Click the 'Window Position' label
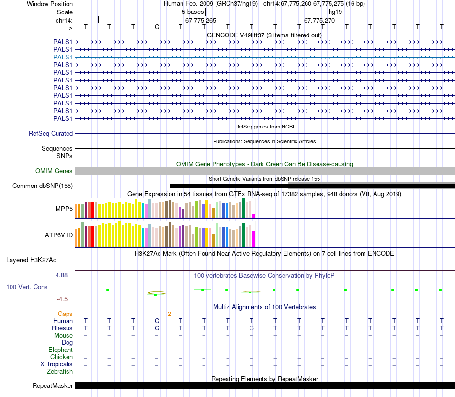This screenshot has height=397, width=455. click(x=50, y=4)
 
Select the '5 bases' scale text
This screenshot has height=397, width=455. click(x=193, y=12)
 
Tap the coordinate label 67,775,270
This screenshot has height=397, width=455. click(x=319, y=20)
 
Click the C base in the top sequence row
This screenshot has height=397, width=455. click(x=157, y=27)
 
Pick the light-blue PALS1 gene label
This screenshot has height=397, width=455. click(x=63, y=57)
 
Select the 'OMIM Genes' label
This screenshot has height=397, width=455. click(x=54, y=171)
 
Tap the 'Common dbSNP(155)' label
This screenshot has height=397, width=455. click(x=43, y=186)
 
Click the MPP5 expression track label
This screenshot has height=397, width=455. click(x=64, y=209)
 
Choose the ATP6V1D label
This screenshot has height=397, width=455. click(x=59, y=235)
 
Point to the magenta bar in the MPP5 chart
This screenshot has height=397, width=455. click(x=254, y=215)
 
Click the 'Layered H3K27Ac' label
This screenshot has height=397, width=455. click(x=31, y=260)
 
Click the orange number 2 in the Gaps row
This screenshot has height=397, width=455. click(x=169, y=314)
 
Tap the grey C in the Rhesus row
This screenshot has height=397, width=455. click(x=251, y=328)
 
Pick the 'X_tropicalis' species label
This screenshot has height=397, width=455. click(x=57, y=364)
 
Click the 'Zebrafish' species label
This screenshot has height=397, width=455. click(x=60, y=371)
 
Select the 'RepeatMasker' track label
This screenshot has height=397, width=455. click(x=53, y=386)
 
